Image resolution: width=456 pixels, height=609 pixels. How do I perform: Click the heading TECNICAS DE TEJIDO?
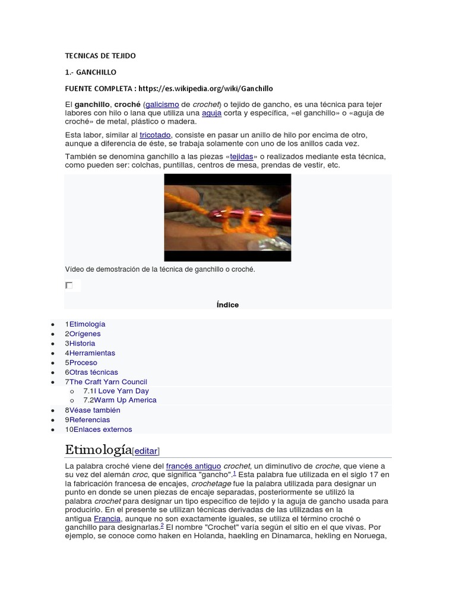(x=100, y=56)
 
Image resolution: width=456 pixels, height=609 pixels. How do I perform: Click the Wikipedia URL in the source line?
(x=205, y=89)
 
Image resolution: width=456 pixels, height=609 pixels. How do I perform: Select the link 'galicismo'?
(x=162, y=104)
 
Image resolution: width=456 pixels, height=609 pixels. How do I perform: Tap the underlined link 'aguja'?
(x=211, y=113)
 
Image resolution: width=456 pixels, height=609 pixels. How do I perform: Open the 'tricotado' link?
(x=154, y=135)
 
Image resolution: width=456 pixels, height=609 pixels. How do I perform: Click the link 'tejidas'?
(x=241, y=156)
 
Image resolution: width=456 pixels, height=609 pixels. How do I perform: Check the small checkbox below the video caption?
(x=69, y=285)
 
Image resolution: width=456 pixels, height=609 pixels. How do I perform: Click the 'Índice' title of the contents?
(x=227, y=305)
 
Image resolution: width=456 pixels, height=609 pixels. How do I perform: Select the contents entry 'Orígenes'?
(x=85, y=334)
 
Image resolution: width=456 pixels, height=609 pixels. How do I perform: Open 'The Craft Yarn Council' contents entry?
(x=108, y=382)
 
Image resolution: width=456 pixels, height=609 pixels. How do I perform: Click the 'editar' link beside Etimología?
(x=146, y=451)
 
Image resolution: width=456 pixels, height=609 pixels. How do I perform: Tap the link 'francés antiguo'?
(x=194, y=466)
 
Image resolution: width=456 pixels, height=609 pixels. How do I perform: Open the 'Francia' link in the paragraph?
(x=107, y=518)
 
